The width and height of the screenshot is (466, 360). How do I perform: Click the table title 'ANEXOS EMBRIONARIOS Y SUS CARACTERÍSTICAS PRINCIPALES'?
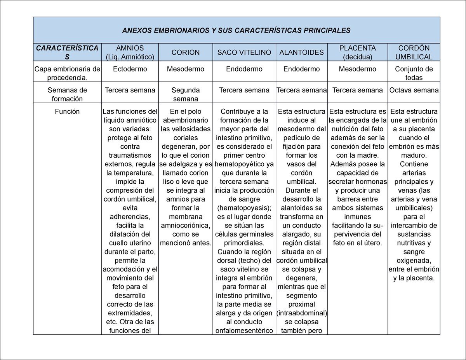pos(236,30)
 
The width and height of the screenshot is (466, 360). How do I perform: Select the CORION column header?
pos(186,52)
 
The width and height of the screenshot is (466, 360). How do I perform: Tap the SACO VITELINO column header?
pos(244,52)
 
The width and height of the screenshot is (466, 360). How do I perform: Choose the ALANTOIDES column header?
pos(301,52)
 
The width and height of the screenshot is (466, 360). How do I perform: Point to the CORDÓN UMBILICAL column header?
pos(414,52)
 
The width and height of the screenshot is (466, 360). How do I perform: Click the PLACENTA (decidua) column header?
pos(357,52)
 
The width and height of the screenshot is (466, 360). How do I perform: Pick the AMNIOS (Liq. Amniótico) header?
pos(130,52)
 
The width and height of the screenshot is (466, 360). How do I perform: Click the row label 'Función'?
pos(67,111)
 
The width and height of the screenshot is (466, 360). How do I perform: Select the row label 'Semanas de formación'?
pos(67,94)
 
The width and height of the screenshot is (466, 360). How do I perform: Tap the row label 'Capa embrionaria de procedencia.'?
pos(67,73)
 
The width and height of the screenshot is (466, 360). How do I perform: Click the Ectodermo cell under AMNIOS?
pos(130,69)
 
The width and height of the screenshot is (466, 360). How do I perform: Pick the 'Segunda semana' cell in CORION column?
pos(186,94)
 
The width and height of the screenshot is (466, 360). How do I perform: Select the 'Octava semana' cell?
pos(414,90)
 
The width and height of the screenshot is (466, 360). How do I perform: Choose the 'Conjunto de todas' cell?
pos(414,73)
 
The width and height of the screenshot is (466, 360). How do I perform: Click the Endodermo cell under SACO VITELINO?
pos(244,69)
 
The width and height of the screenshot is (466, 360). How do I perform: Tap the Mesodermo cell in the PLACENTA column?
pos(357,69)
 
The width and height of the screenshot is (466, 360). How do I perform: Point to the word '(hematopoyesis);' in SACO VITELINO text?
pos(244,208)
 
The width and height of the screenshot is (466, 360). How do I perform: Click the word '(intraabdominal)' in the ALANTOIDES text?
pos(301,313)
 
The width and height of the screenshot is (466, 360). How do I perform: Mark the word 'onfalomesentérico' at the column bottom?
pos(244,330)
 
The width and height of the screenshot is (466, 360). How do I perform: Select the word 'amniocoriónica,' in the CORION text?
pos(186,226)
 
